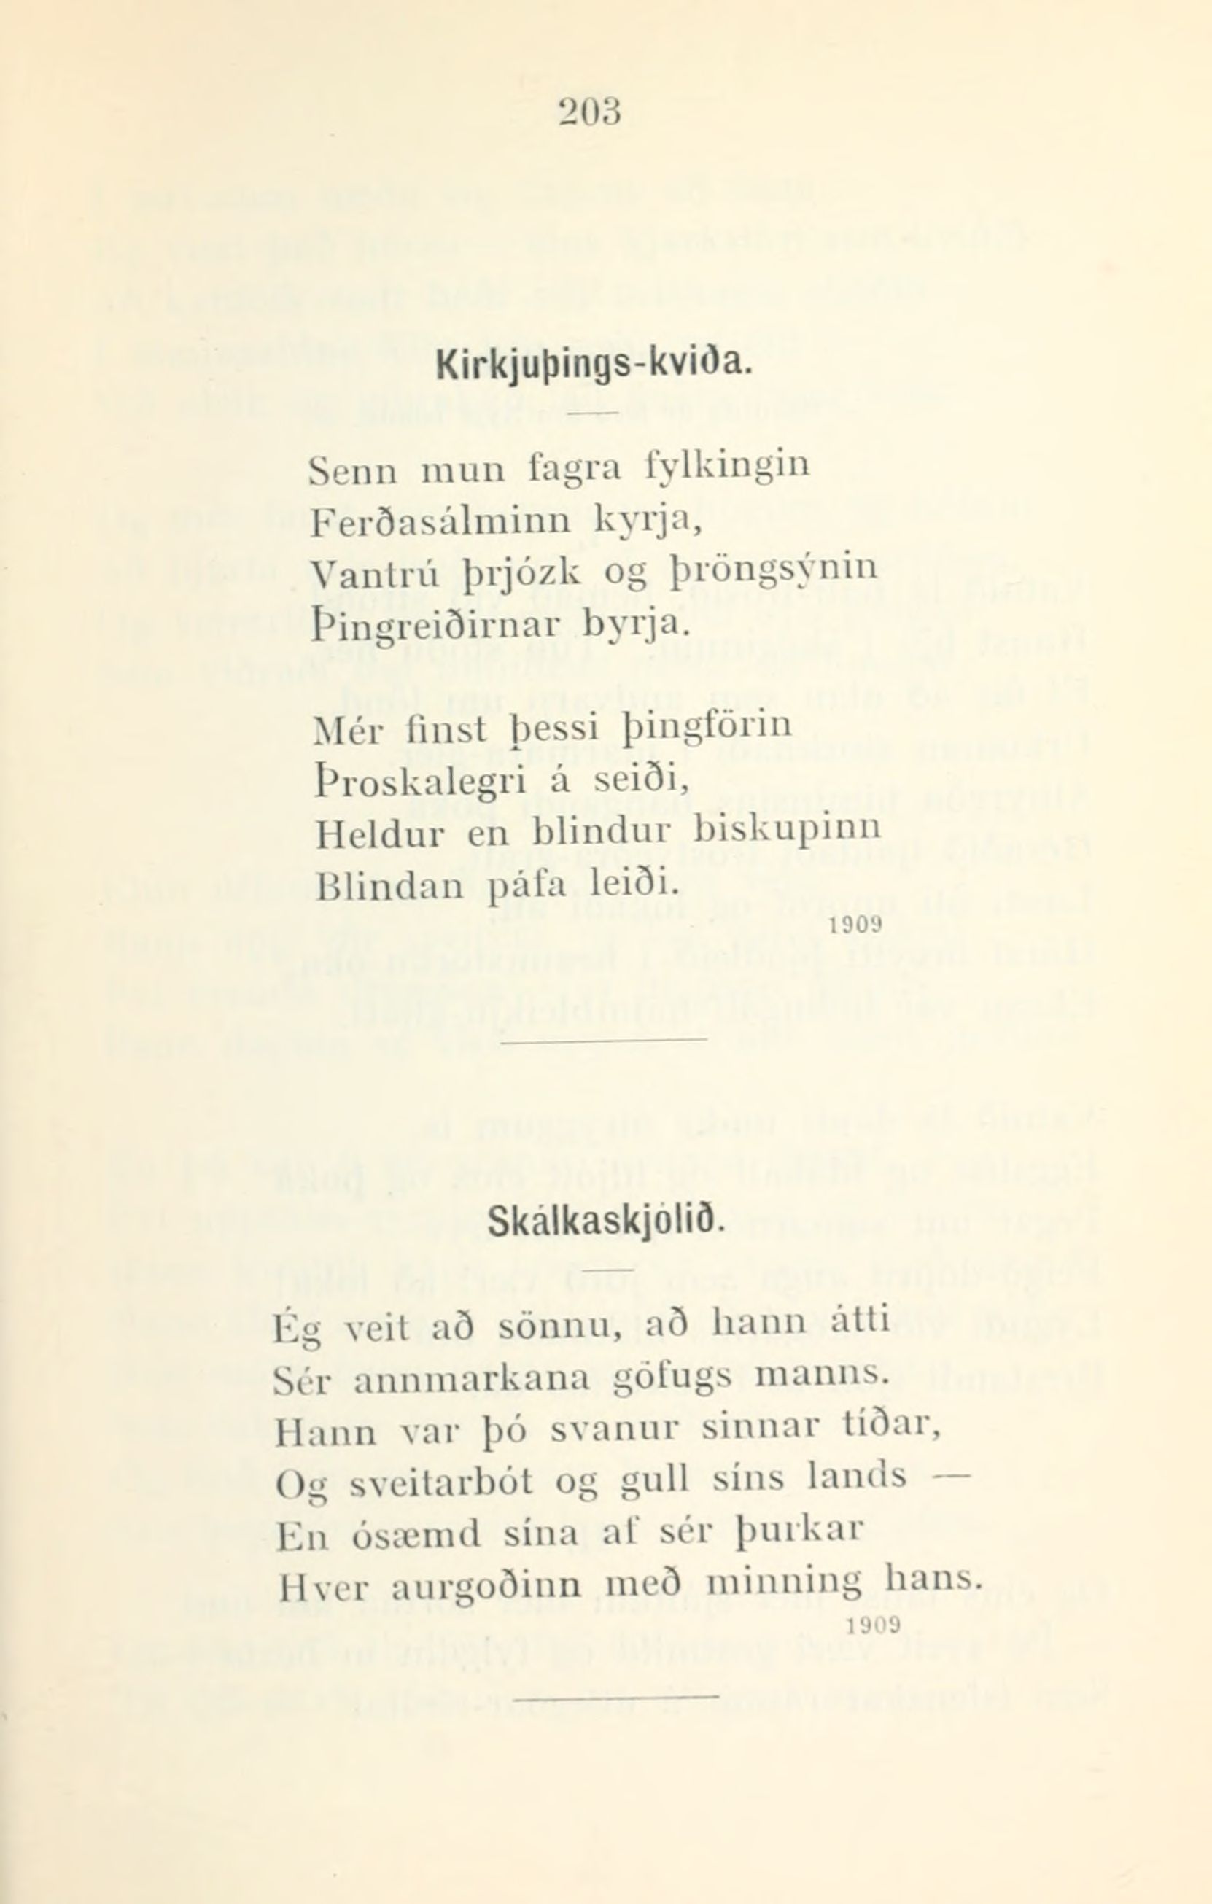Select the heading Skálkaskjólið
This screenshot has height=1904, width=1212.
point(605,1223)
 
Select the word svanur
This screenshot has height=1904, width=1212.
point(614,1431)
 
